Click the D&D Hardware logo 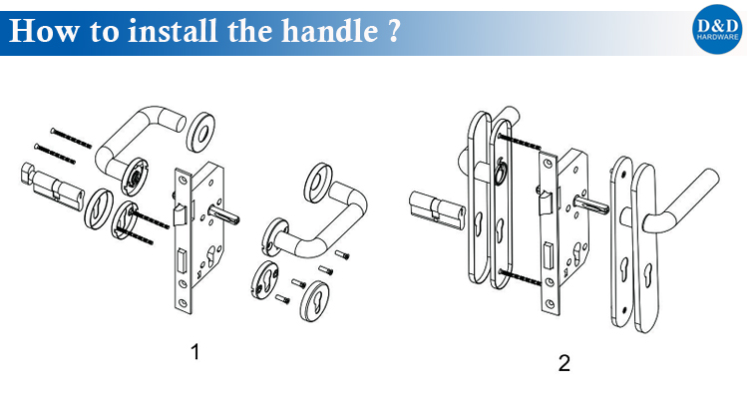click(717, 29)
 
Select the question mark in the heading click(393, 32)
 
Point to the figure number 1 click(194, 352)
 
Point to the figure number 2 click(563, 363)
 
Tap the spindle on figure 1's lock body click(223, 215)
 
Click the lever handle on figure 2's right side click(681, 200)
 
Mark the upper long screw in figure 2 click(520, 141)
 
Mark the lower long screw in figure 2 click(520, 277)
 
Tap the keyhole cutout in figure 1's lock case click(211, 259)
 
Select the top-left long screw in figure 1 click(70, 138)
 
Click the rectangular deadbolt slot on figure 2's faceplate click(550, 251)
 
